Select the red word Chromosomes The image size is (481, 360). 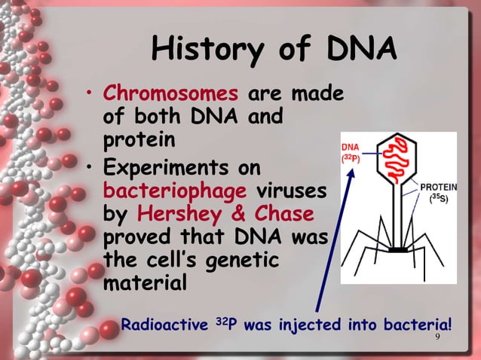[x=170, y=95]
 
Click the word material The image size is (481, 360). [x=144, y=287]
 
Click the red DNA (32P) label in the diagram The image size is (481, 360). [x=351, y=151]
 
